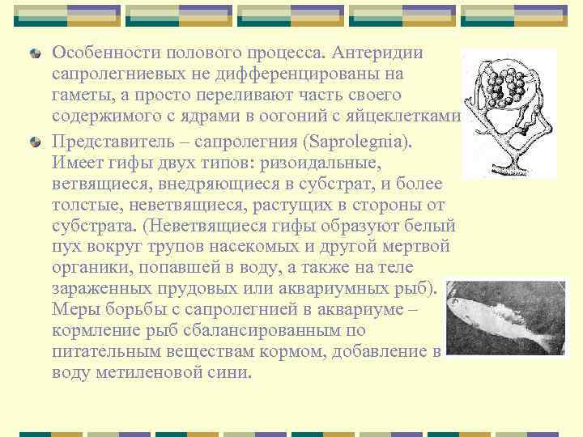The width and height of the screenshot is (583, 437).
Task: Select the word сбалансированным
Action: coord(242,330)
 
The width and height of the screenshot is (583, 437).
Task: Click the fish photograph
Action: coord(507,316)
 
